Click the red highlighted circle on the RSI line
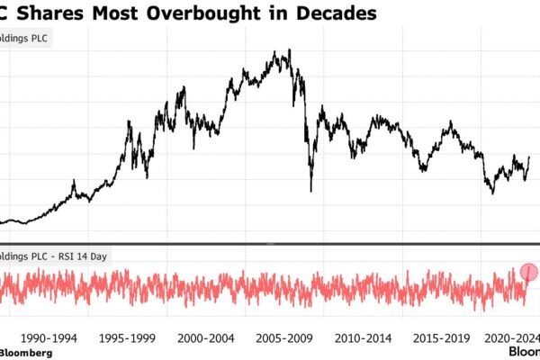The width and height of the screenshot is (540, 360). (529, 272)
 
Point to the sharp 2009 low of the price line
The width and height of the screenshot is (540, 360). (311, 191)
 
